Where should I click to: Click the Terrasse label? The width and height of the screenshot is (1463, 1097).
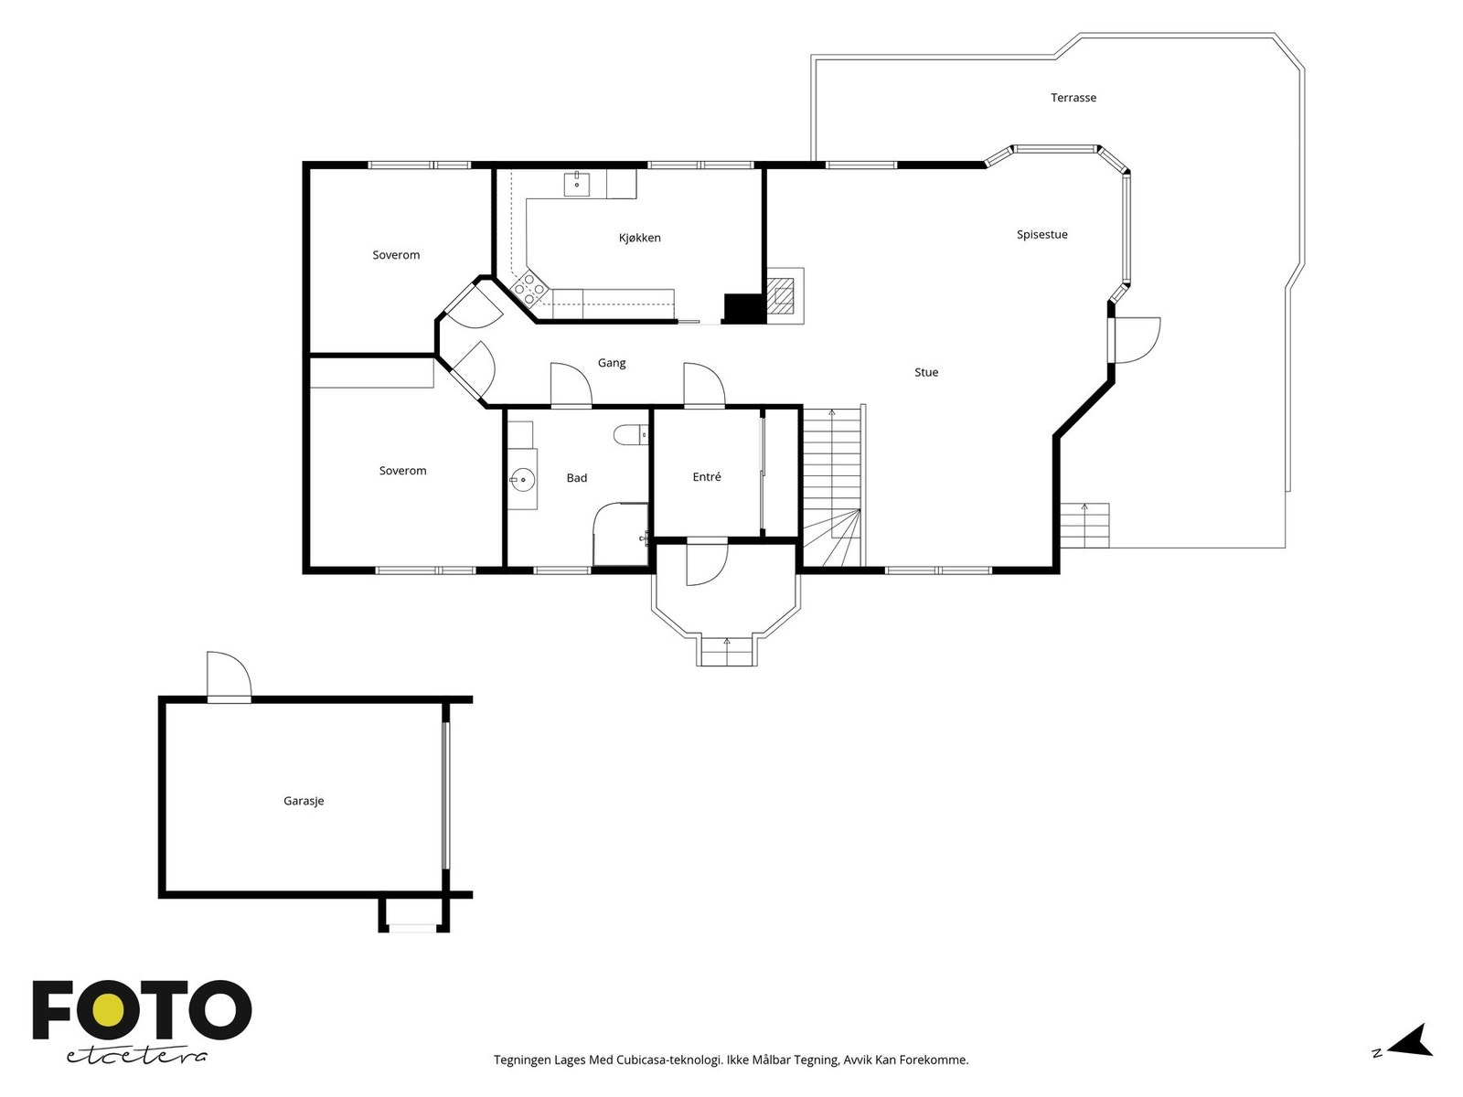click(1073, 98)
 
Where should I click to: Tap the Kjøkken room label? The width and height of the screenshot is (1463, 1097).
click(639, 238)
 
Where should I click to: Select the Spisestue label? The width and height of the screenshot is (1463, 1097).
click(1041, 234)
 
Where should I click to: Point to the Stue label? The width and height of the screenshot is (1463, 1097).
click(925, 372)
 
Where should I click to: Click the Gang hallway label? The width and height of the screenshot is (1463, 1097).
click(611, 363)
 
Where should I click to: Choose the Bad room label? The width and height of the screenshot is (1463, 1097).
click(577, 477)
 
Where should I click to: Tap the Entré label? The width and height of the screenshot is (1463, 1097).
click(707, 477)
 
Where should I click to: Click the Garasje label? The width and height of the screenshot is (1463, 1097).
click(304, 801)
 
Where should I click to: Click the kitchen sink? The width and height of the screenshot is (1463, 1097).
click(577, 184)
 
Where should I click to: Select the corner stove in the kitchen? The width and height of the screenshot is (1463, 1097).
click(529, 288)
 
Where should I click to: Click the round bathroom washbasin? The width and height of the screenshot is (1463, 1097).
click(522, 478)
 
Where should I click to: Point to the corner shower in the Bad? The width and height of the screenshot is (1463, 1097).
click(620, 534)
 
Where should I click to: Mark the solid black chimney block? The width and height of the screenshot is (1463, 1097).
click(743, 309)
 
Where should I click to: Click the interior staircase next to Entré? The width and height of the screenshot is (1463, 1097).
click(832, 487)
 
